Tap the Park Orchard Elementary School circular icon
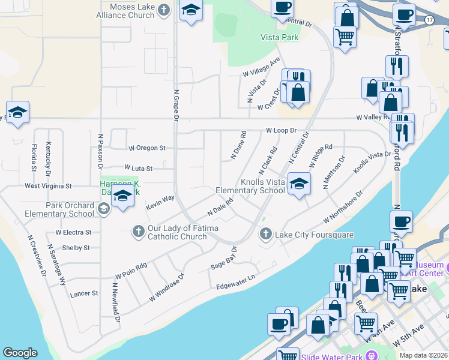click(x=103, y=209)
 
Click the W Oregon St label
click(x=147, y=148)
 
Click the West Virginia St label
click(x=48, y=187)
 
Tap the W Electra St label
click(x=73, y=232)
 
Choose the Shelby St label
click(x=76, y=247)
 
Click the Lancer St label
click(x=83, y=293)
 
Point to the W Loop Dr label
click(x=282, y=130)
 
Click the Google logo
click(x=20, y=353)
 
